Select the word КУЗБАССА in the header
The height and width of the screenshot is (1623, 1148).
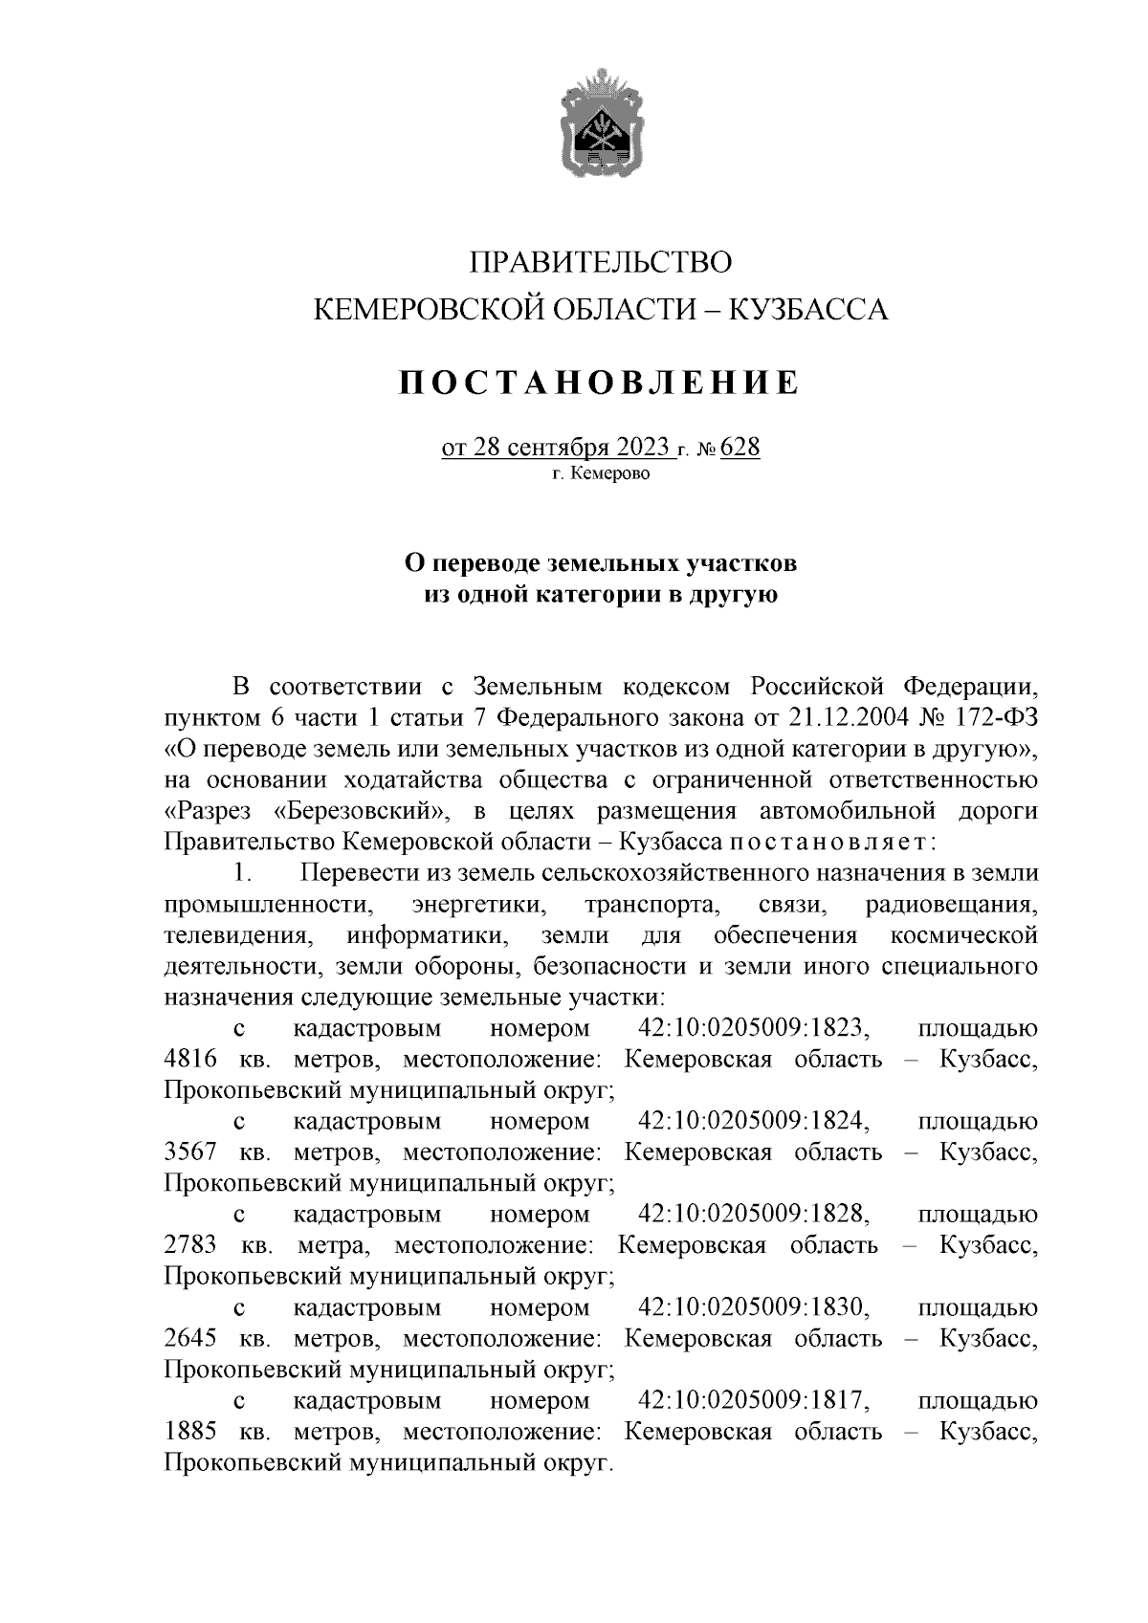click(x=808, y=309)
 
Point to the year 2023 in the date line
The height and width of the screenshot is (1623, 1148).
click(x=641, y=448)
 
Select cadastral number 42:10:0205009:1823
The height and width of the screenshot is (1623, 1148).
click(x=753, y=1029)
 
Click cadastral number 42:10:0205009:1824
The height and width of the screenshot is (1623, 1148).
click(x=753, y=1122)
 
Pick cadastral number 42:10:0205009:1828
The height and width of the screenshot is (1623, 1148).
click(x=753, y=1215)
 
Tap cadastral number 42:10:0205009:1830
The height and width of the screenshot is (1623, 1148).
click(x=753, y=1307)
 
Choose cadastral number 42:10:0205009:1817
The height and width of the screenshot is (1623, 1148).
click(x=753, y=1401)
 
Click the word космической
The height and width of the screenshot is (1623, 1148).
click(x=964, y=935)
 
